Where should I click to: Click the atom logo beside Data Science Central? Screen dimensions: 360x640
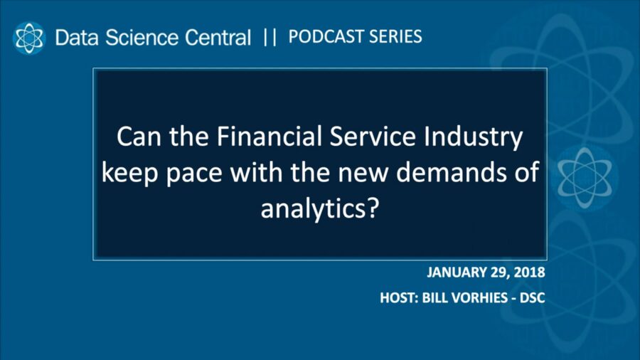[x=29, y=37]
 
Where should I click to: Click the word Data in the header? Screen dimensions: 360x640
[x=75, y=38]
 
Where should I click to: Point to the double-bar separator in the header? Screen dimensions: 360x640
[x=270, y=37]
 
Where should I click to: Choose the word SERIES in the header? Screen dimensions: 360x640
[x=395, y=36]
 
